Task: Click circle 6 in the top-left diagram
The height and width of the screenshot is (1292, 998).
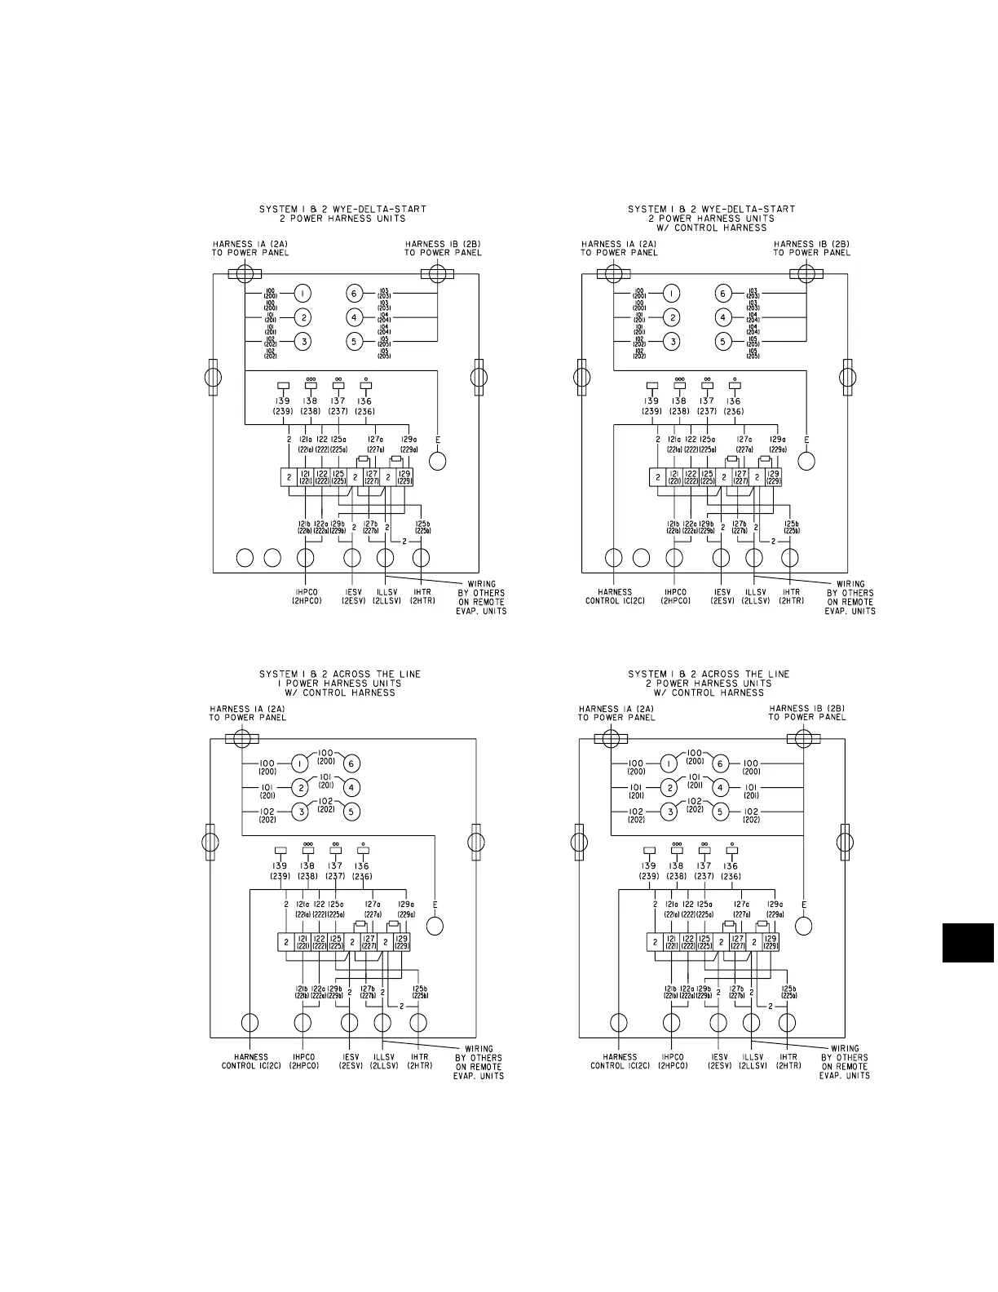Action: [x=354, y=294]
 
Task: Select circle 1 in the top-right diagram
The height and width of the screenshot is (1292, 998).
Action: [x=671, y=294]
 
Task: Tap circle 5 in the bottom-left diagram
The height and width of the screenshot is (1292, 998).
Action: [x=351, y=812]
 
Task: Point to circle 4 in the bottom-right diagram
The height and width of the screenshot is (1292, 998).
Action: [x=720, y=788]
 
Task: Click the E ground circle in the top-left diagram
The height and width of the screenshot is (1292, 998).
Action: [x=438, y=461]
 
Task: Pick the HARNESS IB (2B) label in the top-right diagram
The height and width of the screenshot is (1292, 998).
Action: [x=811, y=248]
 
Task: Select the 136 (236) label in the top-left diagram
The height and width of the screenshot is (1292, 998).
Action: [x=364, y=406]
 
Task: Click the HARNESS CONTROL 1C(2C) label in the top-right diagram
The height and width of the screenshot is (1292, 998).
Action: [x=615, y=596]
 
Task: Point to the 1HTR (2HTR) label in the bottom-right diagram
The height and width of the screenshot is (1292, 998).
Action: [x=788, y=1061]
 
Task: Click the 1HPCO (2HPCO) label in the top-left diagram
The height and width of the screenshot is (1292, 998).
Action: [x=307, y=596]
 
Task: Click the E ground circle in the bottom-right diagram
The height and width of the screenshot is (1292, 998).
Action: [x=804, y=926]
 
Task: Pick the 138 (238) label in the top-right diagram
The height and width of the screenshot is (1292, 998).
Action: [x=679, y=406]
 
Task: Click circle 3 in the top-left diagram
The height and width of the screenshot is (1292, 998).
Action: [x=302, y=342]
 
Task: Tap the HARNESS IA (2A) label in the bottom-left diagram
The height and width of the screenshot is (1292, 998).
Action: [x=247, y=713]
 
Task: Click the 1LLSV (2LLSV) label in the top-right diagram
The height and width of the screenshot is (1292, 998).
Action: [x=756, y=596]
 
